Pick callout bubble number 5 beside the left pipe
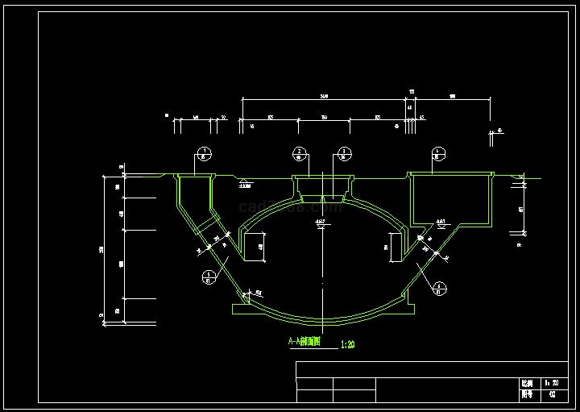pos(209,277)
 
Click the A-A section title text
pos(304,342)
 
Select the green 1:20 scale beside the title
pos(348,344)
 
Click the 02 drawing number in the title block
pos(552,395)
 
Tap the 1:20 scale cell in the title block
pos(552,384)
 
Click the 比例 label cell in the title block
pos(526,384)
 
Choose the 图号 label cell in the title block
pos(526,395)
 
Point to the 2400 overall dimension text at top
pos(324,97)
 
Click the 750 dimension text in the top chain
pos(324,118)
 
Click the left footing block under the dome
pos(239,307)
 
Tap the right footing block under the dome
pos(408,307)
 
